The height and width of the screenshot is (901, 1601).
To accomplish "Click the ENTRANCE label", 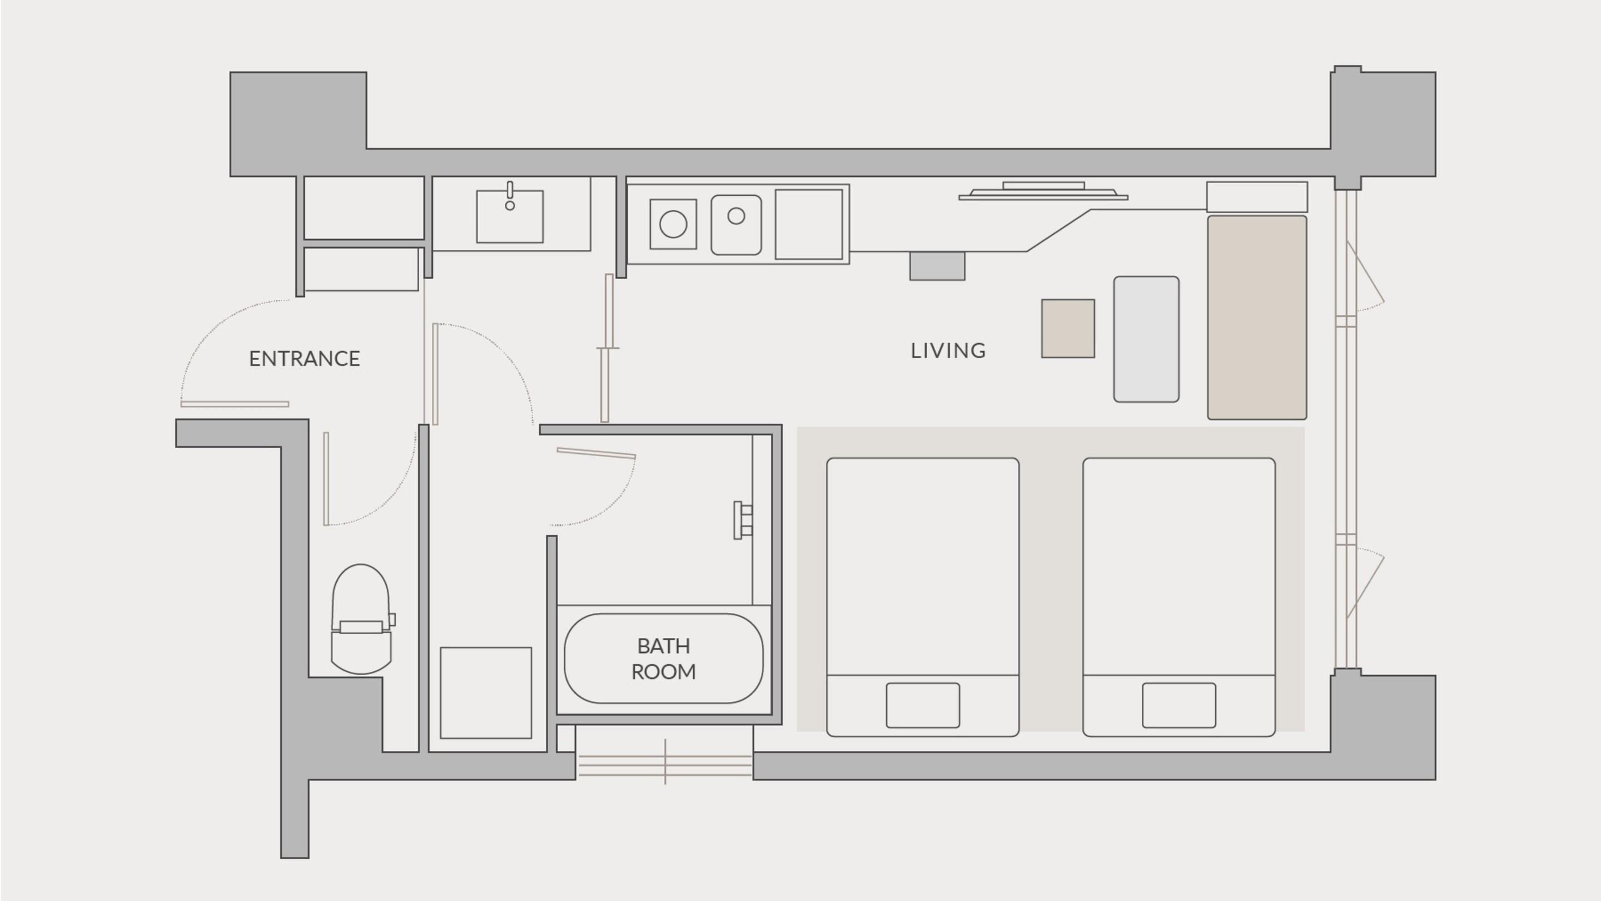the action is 305,359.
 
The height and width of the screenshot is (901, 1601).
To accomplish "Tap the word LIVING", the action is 948,351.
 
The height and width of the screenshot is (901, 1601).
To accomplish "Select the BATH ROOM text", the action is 664,659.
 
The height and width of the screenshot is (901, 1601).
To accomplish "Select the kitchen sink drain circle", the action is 737,216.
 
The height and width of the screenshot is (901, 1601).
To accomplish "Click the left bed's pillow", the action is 923,705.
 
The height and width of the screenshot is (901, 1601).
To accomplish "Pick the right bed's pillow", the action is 1179,705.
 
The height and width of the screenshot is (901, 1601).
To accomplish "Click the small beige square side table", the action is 1068,328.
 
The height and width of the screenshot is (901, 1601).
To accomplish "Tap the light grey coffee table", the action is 1147,339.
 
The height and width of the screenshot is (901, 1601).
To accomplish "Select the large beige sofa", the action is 1257,318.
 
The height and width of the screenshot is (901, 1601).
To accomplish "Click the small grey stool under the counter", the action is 937,266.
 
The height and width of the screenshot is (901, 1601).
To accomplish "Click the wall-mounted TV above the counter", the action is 1043,191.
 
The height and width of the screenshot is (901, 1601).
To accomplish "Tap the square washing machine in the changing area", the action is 486,692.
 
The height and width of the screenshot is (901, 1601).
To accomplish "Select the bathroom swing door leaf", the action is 596,453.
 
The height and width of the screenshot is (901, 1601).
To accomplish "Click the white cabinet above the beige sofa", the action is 1257,197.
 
